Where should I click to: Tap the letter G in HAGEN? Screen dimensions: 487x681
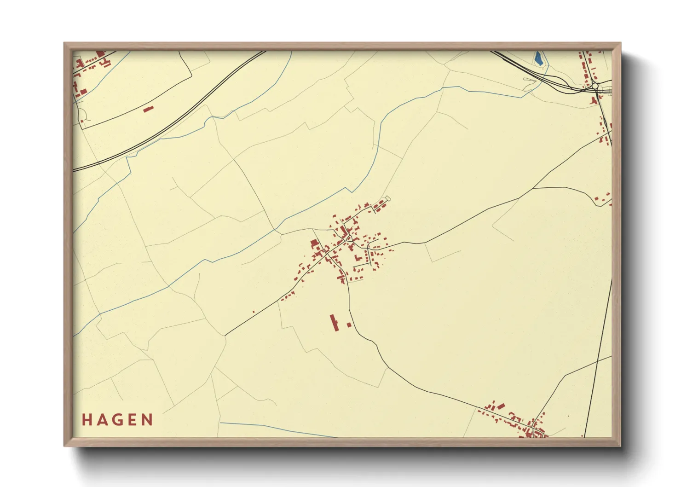tap(118, 420)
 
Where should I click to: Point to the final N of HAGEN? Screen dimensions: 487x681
tap(148, 420)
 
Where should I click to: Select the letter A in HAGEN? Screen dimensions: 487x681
tap(102, 420)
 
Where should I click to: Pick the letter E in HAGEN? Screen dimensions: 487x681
tap(133, 420)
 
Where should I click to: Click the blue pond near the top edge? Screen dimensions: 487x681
tap(537, 58)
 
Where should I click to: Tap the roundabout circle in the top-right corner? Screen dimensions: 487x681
tap(595, 86)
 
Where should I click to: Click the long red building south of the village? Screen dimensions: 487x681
tap(334, 322)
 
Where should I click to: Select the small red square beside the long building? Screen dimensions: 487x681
tap(349, 325)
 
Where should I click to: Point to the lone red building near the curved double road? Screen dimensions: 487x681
tap(148, 109)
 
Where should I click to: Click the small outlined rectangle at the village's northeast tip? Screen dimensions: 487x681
tap(387, 199)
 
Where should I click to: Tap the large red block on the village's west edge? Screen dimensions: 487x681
tap(315, 243)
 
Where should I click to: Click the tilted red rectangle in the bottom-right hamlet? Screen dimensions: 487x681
tap(500, 406)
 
